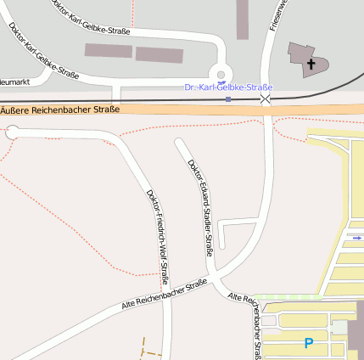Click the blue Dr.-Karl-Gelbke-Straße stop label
coord(228,87)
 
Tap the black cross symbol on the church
coord(311,64)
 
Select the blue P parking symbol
coord(308,343)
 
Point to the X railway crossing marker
coord(266,100)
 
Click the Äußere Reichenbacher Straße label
coord(59,110)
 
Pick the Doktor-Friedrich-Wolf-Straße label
coord(158,234)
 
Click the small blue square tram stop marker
coord(228,99)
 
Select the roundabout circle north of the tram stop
coord(221,75)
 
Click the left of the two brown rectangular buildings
coord(108,51)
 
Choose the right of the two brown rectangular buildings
coord(160,55)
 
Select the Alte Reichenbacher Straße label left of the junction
coord(165,294)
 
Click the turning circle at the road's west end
coord(12,132)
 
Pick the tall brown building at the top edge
coord(243,19)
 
